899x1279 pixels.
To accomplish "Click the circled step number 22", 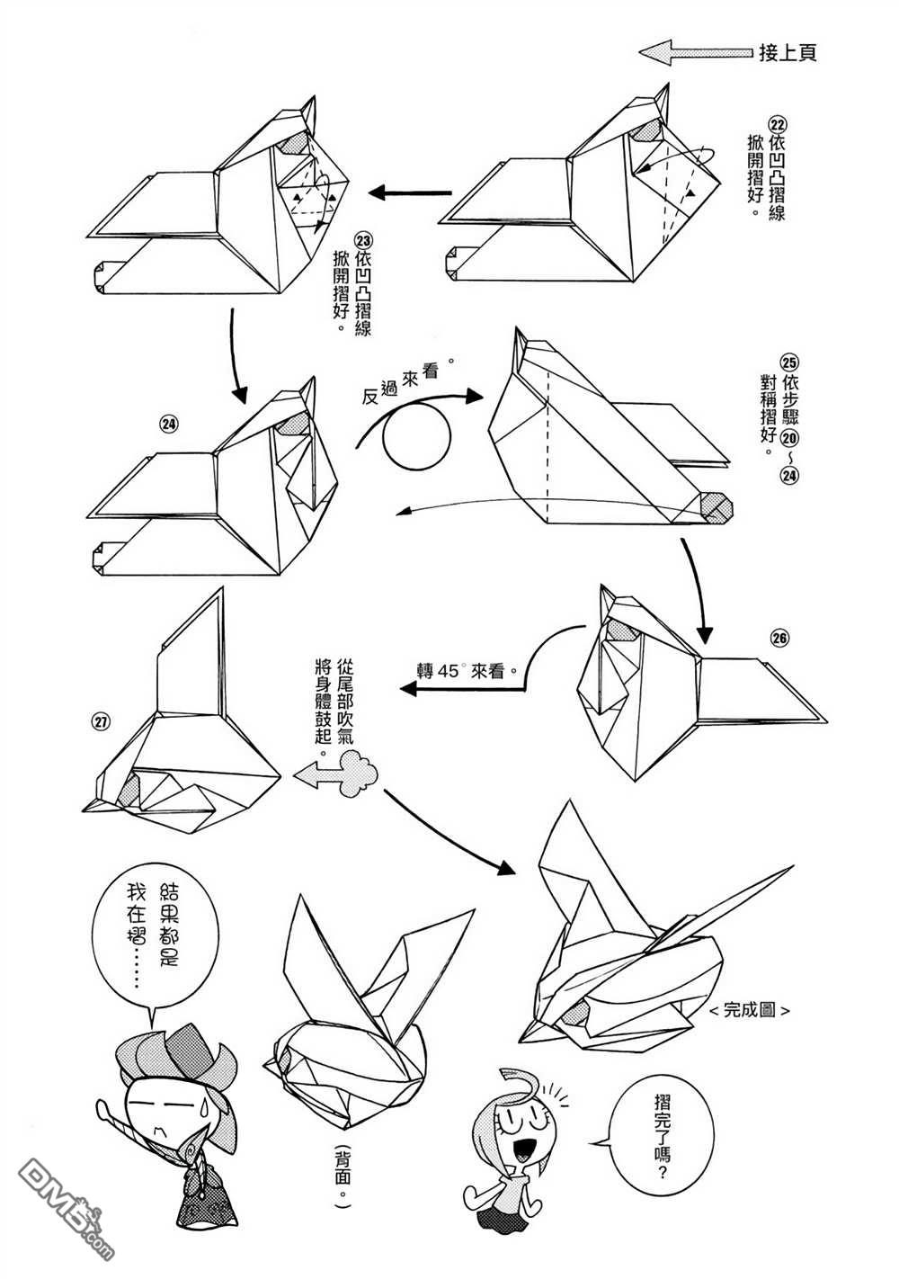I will click(x=778, y=123).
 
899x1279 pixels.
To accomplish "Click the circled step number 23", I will click(x=363, y=240).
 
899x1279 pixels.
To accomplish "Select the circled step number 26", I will click(x=779, y=638).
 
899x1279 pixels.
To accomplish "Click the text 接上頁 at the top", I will click(x=787, y=53).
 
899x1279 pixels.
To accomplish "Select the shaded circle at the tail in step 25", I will click(x=717, y=507).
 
